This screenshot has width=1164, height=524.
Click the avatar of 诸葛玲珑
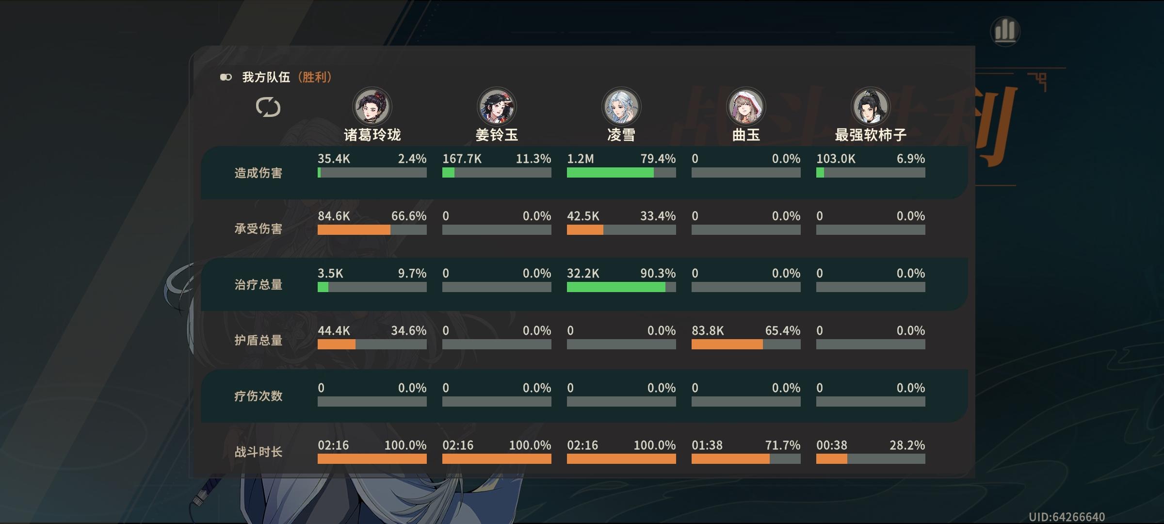point(372,107)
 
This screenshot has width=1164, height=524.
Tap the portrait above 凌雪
point(621,107)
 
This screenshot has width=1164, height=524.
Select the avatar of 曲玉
point(746,107)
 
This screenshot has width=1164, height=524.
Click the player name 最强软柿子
point(871,135)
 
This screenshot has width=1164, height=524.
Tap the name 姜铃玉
point(497,135)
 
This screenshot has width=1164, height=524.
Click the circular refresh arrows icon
point(268,107)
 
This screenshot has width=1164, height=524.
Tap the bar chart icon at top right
point(1005,31)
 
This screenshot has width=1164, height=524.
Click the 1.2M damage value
point(580,159)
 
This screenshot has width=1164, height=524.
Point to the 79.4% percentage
point(658,159)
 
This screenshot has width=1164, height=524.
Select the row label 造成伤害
point(258,173)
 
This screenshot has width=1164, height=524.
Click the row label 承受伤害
point(258,229)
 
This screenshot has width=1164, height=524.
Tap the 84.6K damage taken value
point(334,216)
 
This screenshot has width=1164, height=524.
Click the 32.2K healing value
point(583,274)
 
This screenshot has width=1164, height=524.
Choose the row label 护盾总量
point(258,341)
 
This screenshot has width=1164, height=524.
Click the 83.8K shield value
point(708,331)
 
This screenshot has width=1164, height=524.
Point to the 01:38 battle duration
point(707,445)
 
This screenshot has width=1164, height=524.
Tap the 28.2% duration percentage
point(907,445)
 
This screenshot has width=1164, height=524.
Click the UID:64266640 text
point(1067,517)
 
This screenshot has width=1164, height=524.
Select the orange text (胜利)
point(315,77)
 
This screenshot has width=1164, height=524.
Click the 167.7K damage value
point(462,159)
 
